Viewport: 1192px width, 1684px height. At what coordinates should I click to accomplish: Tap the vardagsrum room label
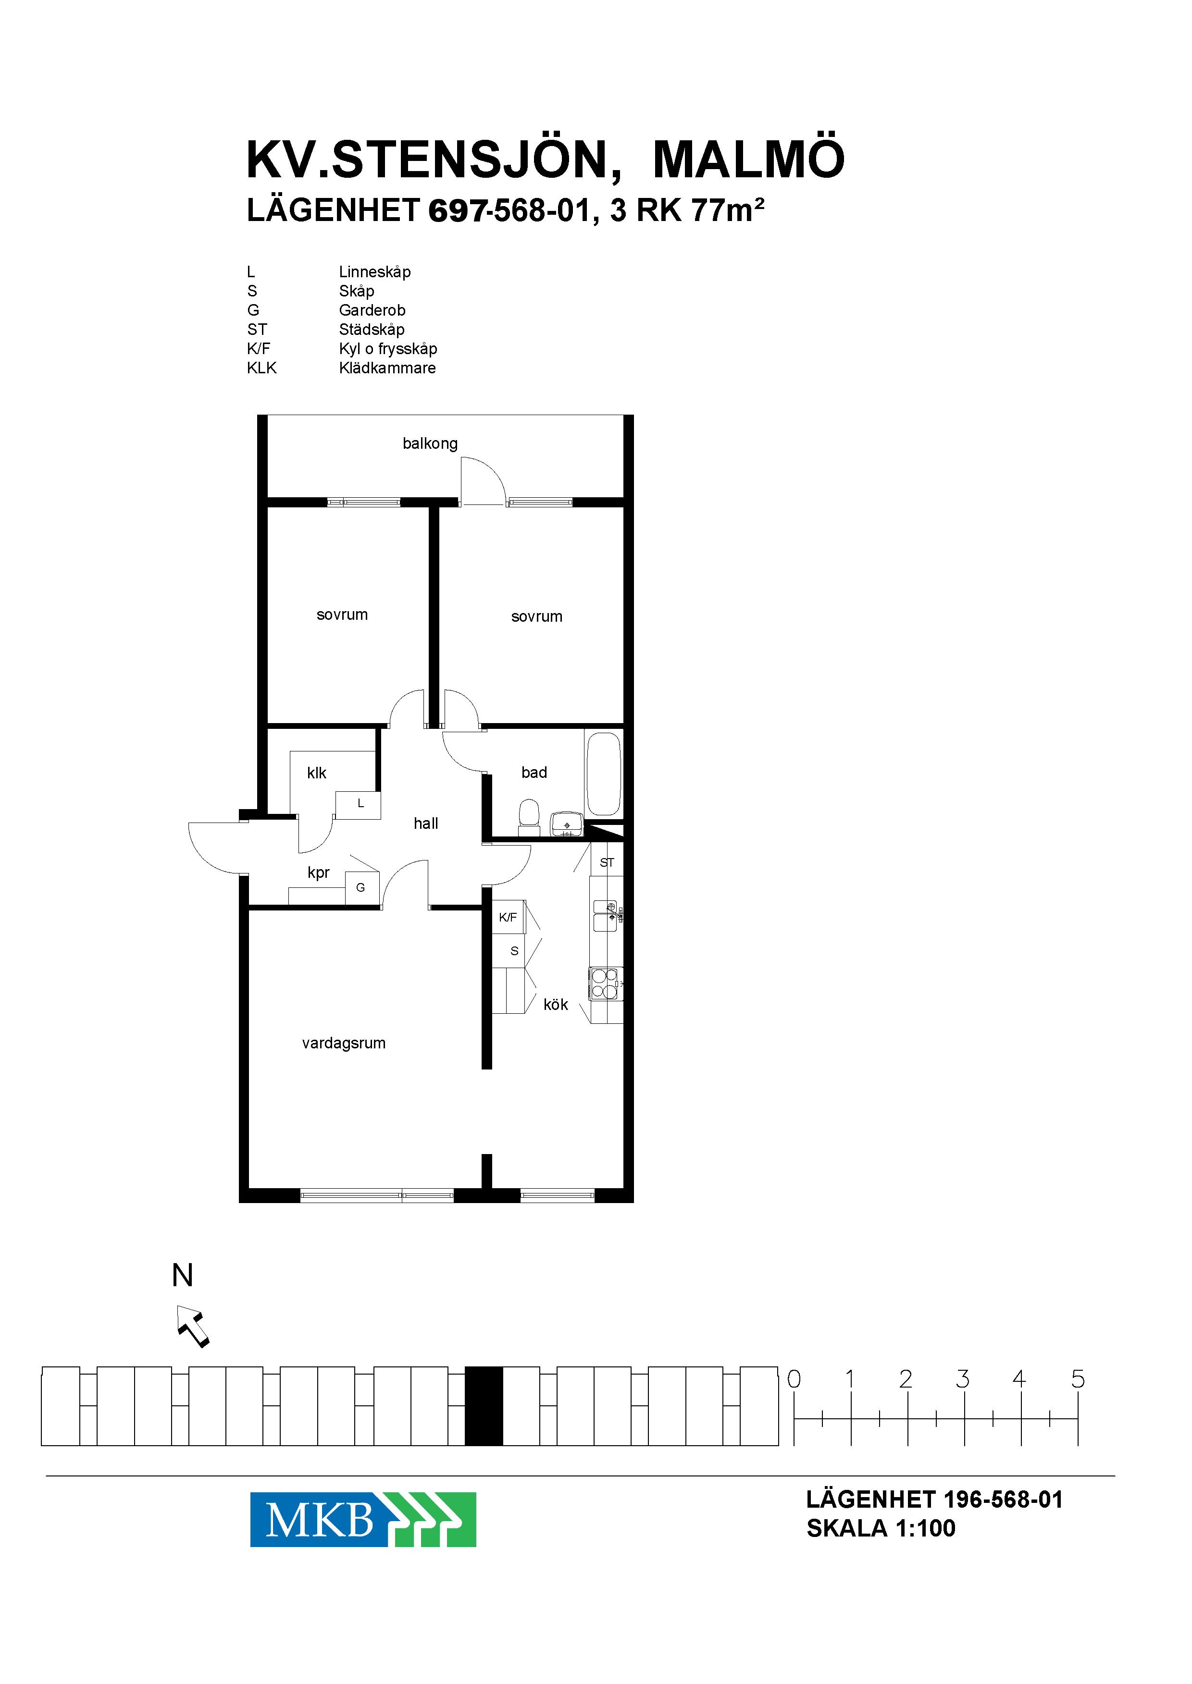tap(344, 1043)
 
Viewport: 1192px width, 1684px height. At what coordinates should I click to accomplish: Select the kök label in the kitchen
tap(556, 1005)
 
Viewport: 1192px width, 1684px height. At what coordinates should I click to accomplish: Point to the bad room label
tap(534, 772)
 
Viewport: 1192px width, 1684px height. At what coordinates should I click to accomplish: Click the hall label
tap(426, 824)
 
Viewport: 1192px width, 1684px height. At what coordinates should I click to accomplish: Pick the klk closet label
tap(316, 773)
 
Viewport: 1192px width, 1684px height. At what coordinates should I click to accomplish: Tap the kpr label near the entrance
tap(319, 873)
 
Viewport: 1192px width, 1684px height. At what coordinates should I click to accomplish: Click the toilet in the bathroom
tap(529, 817)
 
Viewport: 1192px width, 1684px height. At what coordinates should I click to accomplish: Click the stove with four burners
tap(606, 984)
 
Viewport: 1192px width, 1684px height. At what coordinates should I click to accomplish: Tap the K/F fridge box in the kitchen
tap(508, 917)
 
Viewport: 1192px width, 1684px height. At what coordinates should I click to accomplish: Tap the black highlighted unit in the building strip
tap(484, 1406)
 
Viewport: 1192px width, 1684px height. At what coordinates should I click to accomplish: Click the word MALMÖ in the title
tap(749, 159)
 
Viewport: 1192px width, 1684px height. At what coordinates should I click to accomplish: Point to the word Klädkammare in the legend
tap(387, 368)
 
